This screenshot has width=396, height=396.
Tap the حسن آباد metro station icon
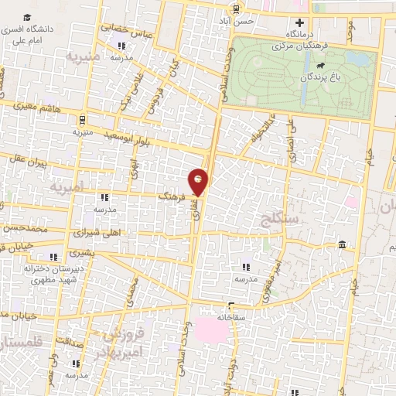(234, 9)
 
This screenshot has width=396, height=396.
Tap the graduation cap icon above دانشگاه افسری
(28, 16)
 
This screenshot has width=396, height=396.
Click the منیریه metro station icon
(83, 120)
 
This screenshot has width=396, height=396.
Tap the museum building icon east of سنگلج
(341, 245)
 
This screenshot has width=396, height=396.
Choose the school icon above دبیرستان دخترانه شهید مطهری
(53, 257)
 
